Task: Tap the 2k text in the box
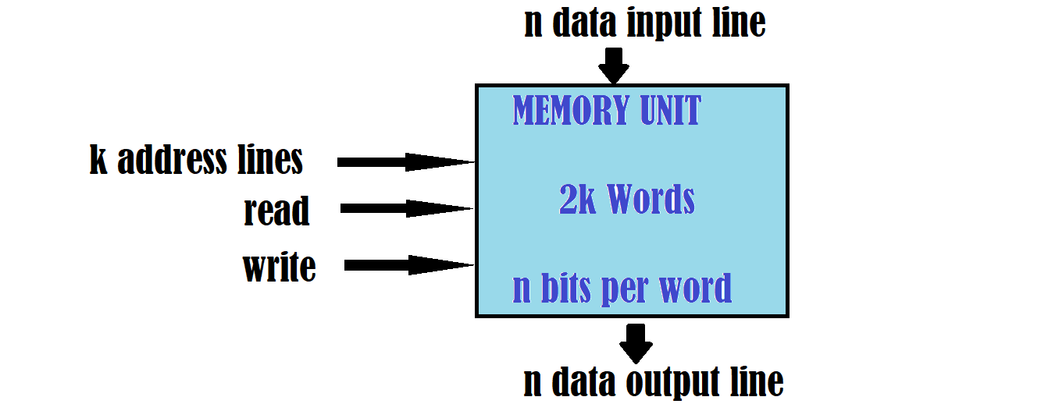(577, 200)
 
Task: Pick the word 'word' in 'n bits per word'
(696, 289)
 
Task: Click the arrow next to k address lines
(406, 162)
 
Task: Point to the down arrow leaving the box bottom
(637, 342)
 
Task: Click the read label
(276, 211)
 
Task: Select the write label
(279, 268)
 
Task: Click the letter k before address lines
(98, 160)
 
